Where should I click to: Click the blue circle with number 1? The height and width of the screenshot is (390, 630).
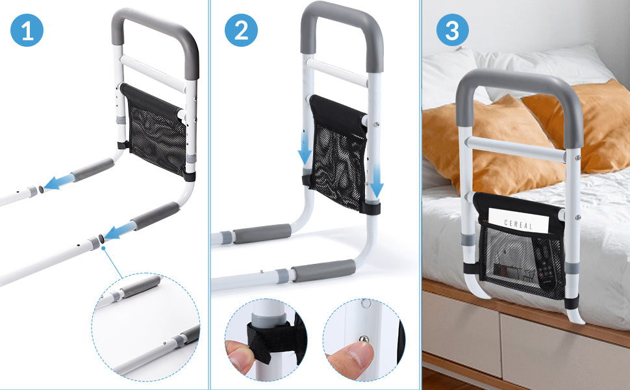tap(27, 31)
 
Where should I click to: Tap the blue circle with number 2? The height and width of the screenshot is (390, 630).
tap(241, 31)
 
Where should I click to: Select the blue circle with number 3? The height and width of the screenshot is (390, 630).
tap(453, 31)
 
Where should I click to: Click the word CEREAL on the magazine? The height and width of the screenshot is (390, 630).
tap(518, 226)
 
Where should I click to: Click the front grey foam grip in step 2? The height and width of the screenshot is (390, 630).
tap(323, 270)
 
